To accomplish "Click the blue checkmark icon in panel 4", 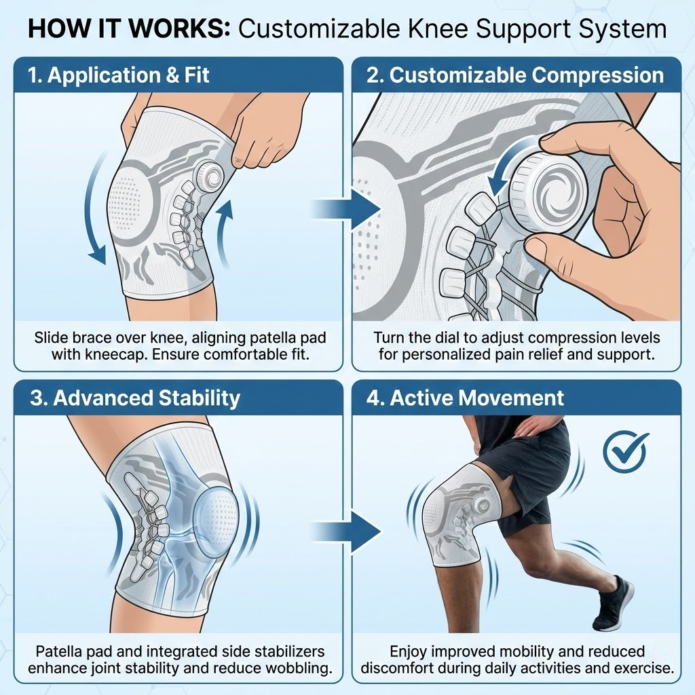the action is (624, 451).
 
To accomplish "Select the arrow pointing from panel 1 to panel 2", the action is (345, 208).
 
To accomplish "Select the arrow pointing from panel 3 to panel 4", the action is (345, 531).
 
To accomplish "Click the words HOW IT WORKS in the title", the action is (128, 29).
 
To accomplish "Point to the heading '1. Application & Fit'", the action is (118, 75).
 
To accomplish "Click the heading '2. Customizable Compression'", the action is (515, 75).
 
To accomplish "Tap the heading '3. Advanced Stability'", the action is (135, 398).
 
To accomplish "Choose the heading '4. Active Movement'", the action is (465, 398).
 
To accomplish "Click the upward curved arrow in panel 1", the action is (224, 233).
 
